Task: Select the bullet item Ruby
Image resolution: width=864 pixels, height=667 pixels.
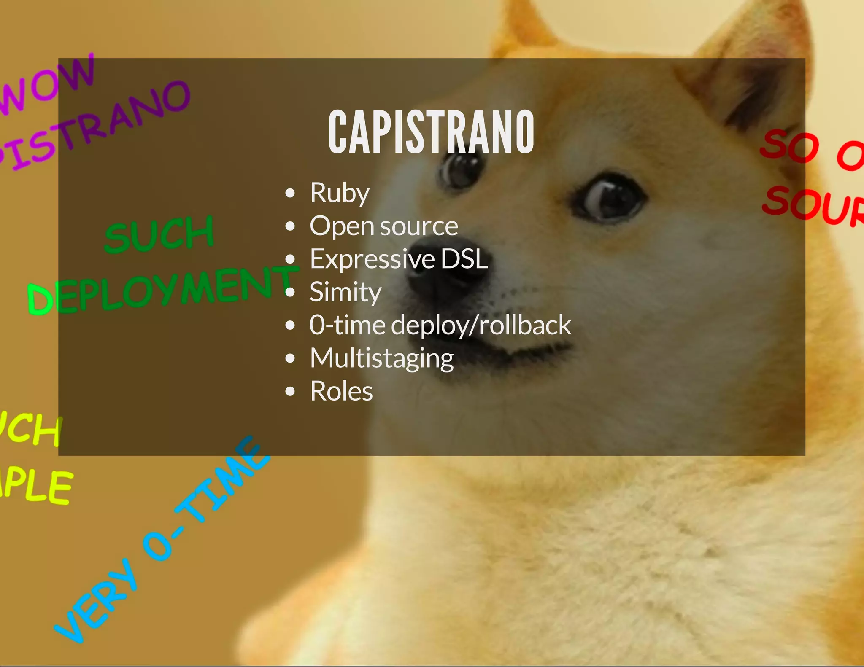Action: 340,193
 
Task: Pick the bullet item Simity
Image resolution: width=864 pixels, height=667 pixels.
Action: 345,292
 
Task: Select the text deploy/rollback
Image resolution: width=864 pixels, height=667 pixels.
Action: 481,325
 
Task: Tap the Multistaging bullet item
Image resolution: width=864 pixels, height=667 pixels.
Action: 381,358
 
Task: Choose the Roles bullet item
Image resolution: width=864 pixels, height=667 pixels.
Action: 341,391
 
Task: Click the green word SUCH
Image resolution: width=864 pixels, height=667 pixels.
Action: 159,234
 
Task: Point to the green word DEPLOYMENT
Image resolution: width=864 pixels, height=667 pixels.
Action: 162,291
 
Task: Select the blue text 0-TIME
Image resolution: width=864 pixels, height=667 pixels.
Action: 207,498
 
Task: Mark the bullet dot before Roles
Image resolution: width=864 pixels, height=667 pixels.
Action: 290,391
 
